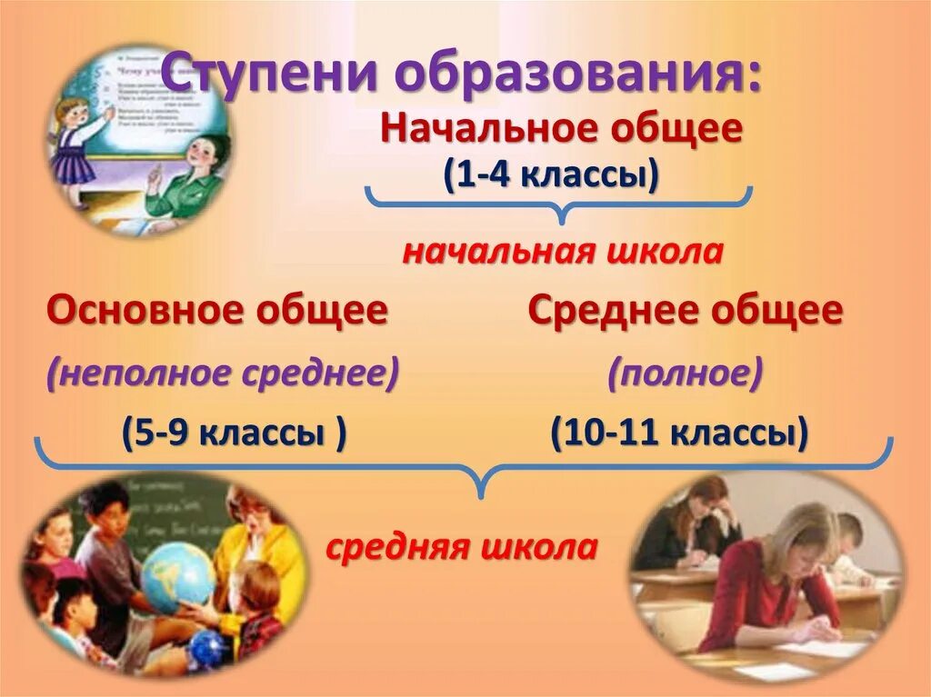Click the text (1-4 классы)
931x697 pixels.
point(551,173)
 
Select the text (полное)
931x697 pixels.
point(686,373)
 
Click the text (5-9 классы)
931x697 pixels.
point(234,433)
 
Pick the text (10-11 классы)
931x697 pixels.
point(678,433)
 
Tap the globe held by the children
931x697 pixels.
point(177,576)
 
